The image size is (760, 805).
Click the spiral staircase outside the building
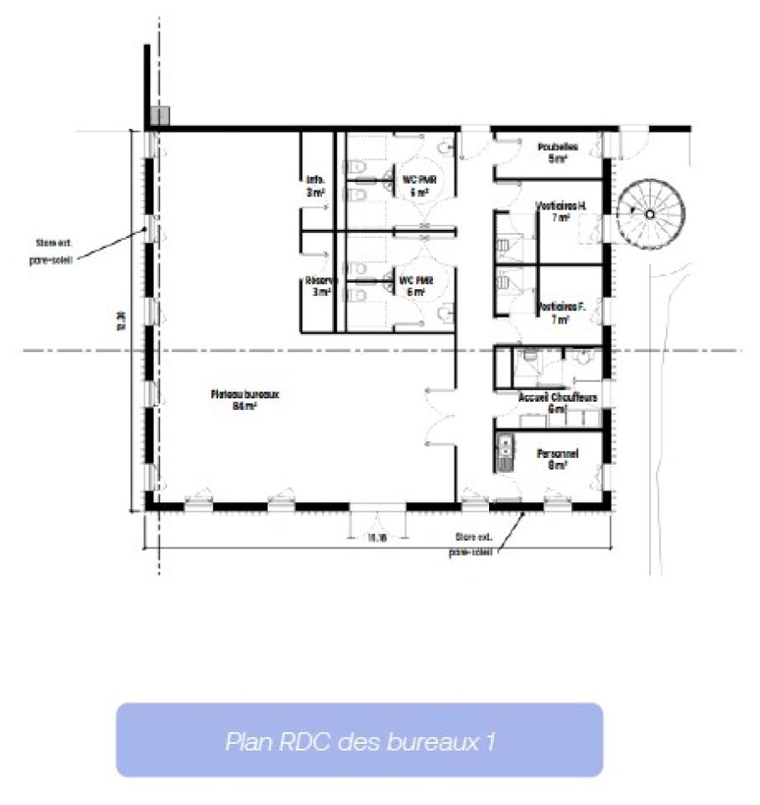(x=650, y=214)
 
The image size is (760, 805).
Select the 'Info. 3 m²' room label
(x=315, y=185)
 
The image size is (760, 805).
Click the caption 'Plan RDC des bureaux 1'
(x=359, y=741)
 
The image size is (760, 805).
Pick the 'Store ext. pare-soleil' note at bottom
(x=471, y=544)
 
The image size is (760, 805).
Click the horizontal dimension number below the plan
(x=376, y=538)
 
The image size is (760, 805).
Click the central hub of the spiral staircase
(x=649, y=214)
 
